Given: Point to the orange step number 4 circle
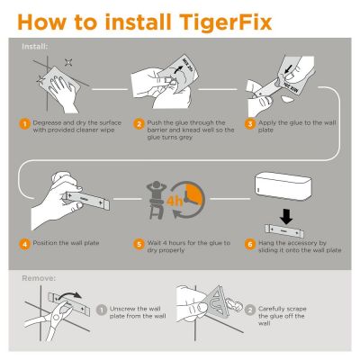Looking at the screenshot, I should (x=26, y=242).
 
